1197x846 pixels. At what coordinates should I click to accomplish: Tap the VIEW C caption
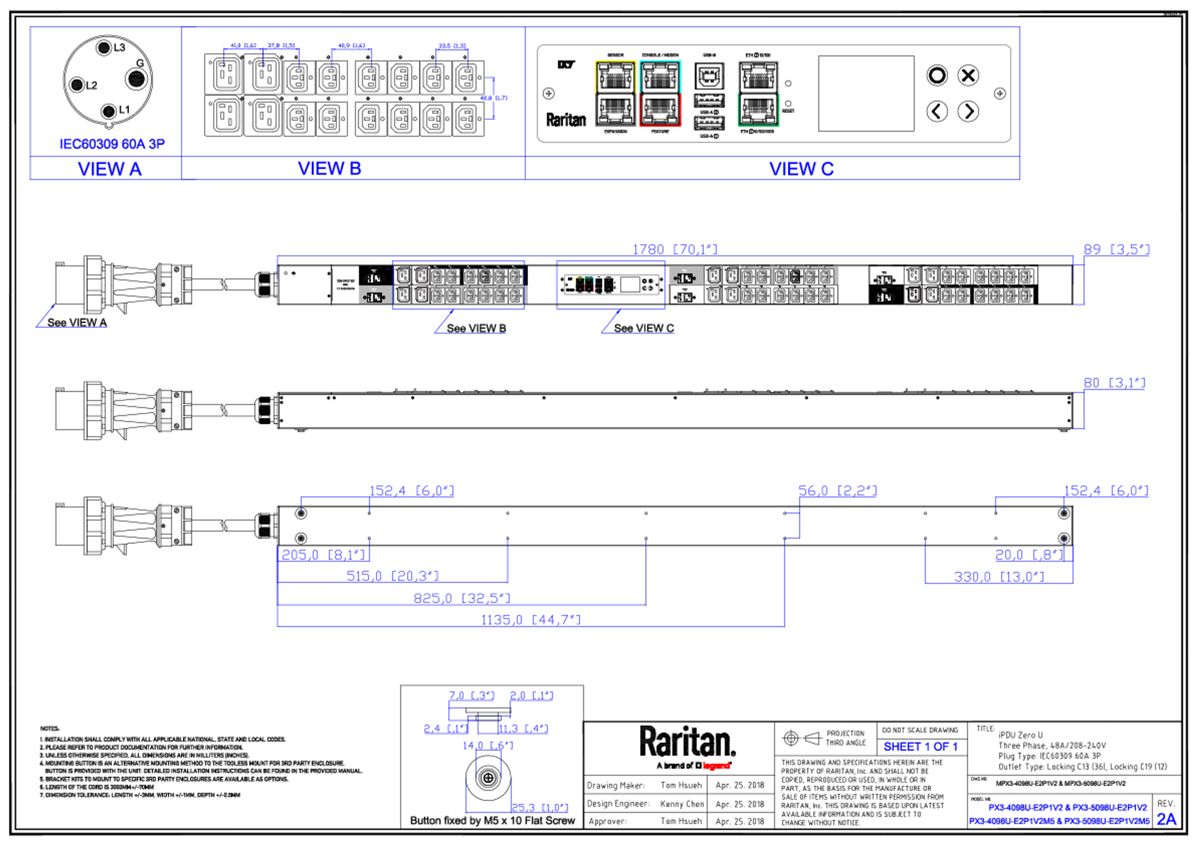pyautogui.click(x=801, y=169)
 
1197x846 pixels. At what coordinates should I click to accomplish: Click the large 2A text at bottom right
pyautogui.click(x=1167, y=819)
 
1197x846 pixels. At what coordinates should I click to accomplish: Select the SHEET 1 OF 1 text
pyautogui.click(x=920, y=747)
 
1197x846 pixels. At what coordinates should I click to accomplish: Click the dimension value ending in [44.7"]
pyautogui.click(x=531, y=619)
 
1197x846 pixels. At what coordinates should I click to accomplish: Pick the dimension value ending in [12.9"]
pyautogui.click(x=998, y=576)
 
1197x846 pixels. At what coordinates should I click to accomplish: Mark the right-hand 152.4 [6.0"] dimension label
pyautogui.click(x=1106, y=490)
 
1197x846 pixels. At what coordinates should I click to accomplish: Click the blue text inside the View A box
pyautogui.click(x=112, y=143)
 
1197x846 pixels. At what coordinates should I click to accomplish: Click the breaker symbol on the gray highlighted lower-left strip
pyautogui.click(x=374, y=297)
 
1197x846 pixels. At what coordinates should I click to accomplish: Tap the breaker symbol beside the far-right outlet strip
pyautogui.click(x=884, y=296)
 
